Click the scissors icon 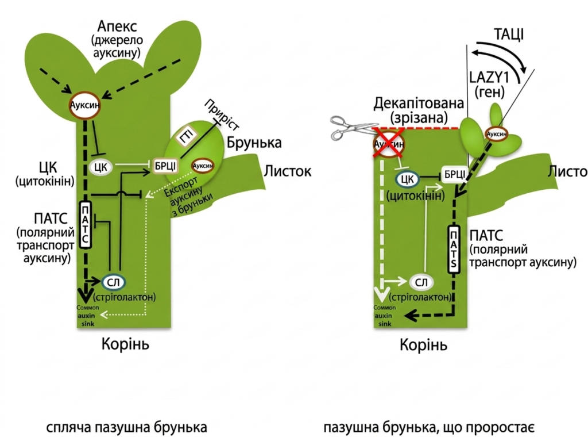pyautogui.click(x=350, y=128)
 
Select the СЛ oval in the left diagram pyautogui.click(x=115, y=282)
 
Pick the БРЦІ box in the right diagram pyautogui.click(x=452, y=174)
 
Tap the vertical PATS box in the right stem pyautogui.click(x=455, y=250)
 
